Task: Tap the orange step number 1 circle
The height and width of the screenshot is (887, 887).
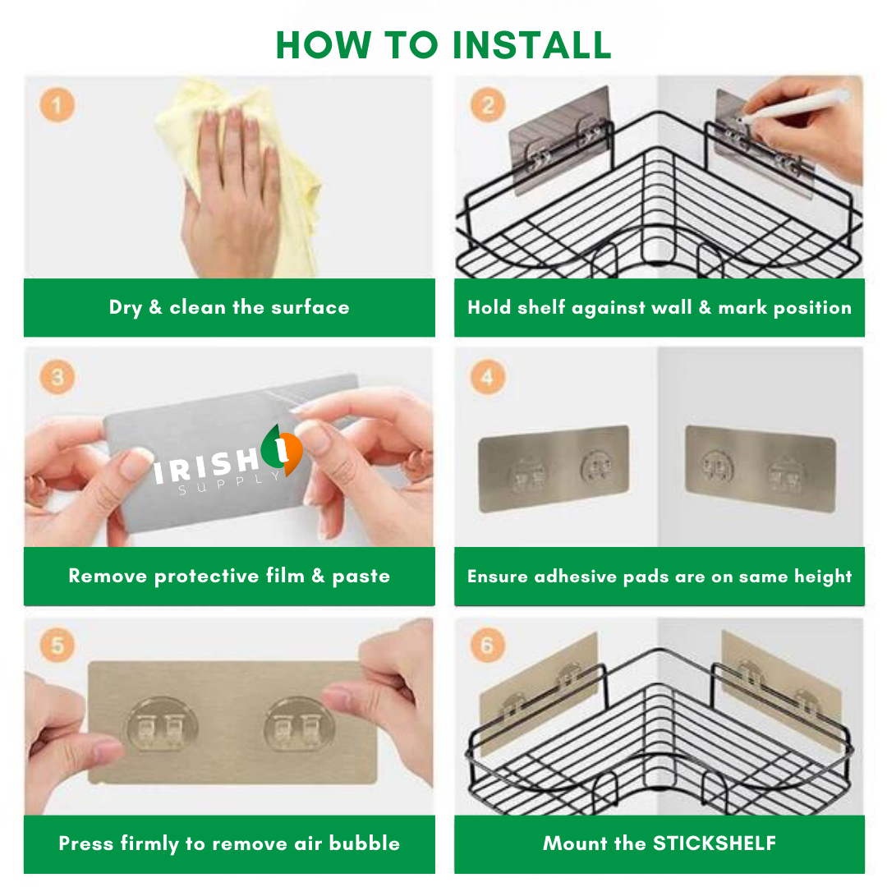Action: click(x=57, y=106)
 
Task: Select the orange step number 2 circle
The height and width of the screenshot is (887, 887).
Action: click(x=487, y=106)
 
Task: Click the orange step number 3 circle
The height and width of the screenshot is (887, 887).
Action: click(x=57, y=377)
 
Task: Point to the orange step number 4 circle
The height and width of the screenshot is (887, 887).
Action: click(x=487, y=378)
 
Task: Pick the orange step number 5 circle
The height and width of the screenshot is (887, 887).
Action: click(x=57, y=645)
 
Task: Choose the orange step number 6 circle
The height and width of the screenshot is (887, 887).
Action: click(x=487, y=646)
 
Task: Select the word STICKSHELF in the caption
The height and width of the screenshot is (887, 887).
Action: click(x=715, y=843)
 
